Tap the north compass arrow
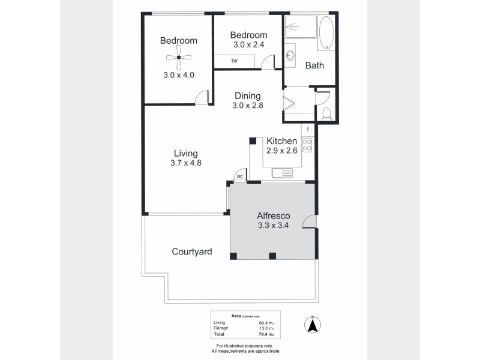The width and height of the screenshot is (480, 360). [312, 325]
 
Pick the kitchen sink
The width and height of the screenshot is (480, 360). [281, 174]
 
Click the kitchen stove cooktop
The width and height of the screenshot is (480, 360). [307, 145]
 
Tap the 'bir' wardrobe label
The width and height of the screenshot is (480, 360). [235, 60]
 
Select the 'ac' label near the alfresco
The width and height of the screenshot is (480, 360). [239, 176]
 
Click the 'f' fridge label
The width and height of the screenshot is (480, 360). [308, 130]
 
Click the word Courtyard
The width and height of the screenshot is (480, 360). [191, 252]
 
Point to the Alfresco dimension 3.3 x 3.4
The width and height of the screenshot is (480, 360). [274, 226]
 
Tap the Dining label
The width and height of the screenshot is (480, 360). [247, 96]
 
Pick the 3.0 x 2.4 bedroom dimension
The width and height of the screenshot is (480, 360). [247, 44]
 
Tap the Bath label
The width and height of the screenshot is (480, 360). [314, 65]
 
